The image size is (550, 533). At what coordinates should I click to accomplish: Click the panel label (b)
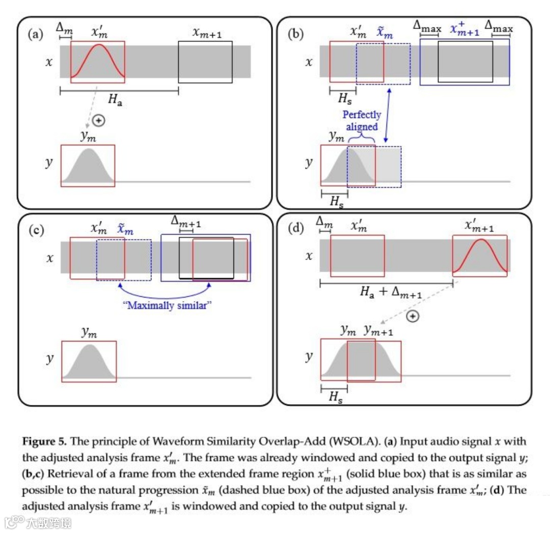tap(296, 36)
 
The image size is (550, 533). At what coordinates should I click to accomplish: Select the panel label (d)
tap(296, 228)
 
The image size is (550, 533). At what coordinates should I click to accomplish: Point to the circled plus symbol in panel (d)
tap(414, 317)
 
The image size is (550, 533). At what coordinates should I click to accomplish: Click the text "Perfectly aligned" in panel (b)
tap(362, 121)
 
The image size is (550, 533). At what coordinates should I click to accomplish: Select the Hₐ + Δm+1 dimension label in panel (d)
tap(391, 292)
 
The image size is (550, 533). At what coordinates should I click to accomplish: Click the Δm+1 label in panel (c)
tap(186, 222)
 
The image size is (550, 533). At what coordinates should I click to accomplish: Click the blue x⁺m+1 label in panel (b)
tap(464, 29)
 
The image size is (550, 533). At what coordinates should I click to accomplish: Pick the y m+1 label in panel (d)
tap(378, 330)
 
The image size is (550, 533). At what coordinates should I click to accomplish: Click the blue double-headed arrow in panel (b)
tap(388, 115)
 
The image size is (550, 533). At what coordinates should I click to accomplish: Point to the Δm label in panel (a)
tap(64, 26)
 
